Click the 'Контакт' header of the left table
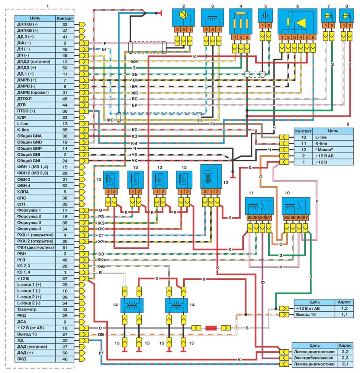coord(64,18)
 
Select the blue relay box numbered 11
coord(259,207)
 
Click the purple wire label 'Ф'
coord(262,282)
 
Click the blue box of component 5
coord(265,17)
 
